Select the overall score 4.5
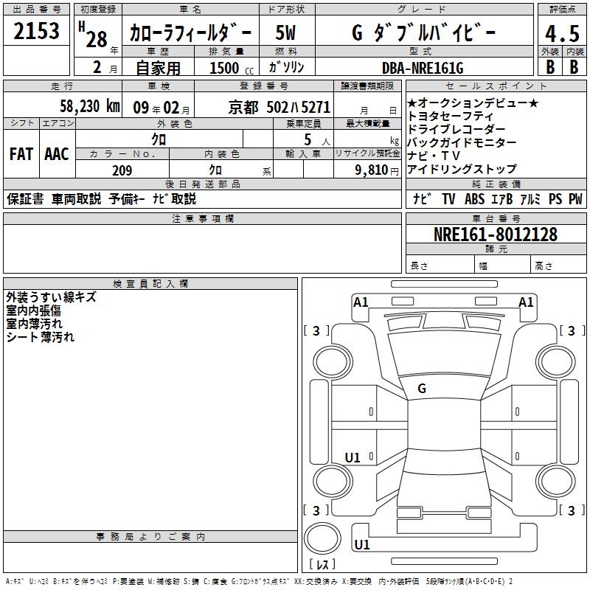560,34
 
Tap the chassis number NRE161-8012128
495,235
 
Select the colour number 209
122,170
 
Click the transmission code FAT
21,153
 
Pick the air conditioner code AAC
56,153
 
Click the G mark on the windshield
422,389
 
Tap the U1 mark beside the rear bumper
362,545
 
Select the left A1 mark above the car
361,302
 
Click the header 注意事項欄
202,219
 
